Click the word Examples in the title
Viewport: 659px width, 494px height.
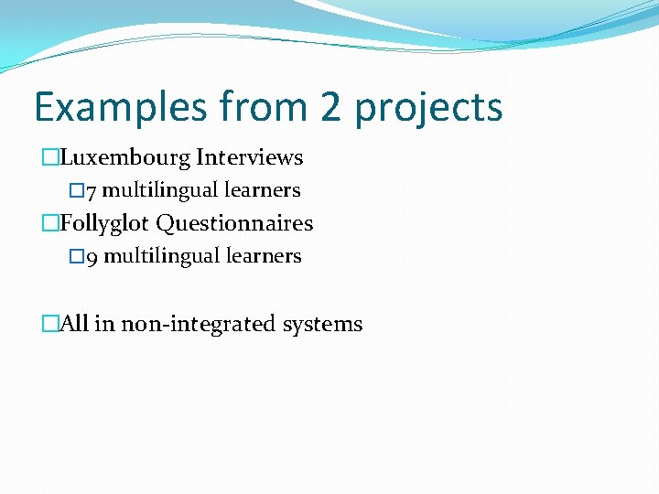121,107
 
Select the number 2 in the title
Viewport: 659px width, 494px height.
331,107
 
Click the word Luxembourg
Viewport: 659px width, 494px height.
125,157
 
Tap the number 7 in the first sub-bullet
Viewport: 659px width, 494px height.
92,191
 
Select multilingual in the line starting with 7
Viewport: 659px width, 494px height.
160,190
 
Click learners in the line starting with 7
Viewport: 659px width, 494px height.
262,190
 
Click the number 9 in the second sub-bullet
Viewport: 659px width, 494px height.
92,257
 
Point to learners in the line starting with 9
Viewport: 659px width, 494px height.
263,256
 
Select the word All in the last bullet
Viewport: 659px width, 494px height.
74,324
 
